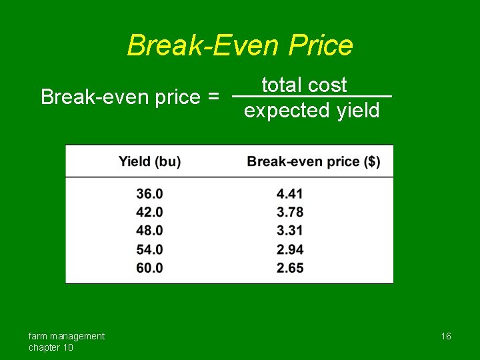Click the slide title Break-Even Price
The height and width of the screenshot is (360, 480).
click(240, 45)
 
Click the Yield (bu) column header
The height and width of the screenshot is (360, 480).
click(149, 161)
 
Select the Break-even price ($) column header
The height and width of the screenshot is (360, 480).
click(313, 161)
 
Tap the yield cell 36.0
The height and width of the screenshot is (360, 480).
click(149, 194)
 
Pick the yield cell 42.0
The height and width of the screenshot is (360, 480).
click(149, 212)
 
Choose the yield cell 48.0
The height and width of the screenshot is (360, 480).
click(149, 231)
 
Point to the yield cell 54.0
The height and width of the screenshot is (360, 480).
click(149, 249)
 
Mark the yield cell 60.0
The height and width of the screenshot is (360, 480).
click(149, 267)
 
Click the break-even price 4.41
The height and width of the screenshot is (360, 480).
click(290, 194)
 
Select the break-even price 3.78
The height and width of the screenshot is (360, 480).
click(290, 212)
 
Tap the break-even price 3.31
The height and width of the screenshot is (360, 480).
click(290, 231)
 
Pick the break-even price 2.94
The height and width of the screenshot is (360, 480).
click(290, 249)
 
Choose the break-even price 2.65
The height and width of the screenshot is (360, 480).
click(290, 267)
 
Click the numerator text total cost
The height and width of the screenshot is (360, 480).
click(305, 85)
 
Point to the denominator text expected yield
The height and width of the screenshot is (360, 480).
click(311, 110)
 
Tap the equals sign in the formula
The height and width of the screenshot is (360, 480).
click(213, 97)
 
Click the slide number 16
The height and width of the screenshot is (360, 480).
click(446, 337)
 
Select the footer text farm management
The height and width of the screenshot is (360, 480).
click(67, 336)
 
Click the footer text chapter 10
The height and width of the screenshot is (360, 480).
click(51, 347)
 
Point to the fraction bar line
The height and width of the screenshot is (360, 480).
click(373, 97)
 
